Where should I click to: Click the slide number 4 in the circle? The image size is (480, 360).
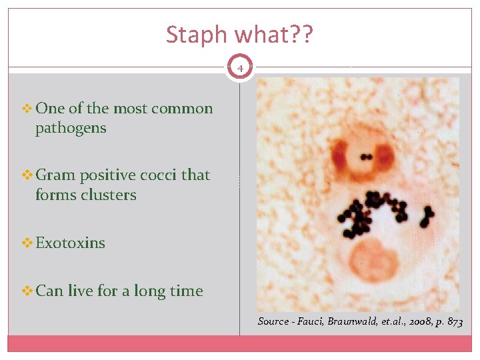point(240,67)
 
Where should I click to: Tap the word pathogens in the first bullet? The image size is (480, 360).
point(71,128)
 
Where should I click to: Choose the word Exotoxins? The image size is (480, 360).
point(70,243)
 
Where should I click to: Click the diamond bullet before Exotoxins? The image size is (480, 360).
point(27,243)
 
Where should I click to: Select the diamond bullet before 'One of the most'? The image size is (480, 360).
point(27,109)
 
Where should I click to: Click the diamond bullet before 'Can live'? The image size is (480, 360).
point(27,291)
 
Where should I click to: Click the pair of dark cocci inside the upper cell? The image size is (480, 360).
point(366,158)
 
